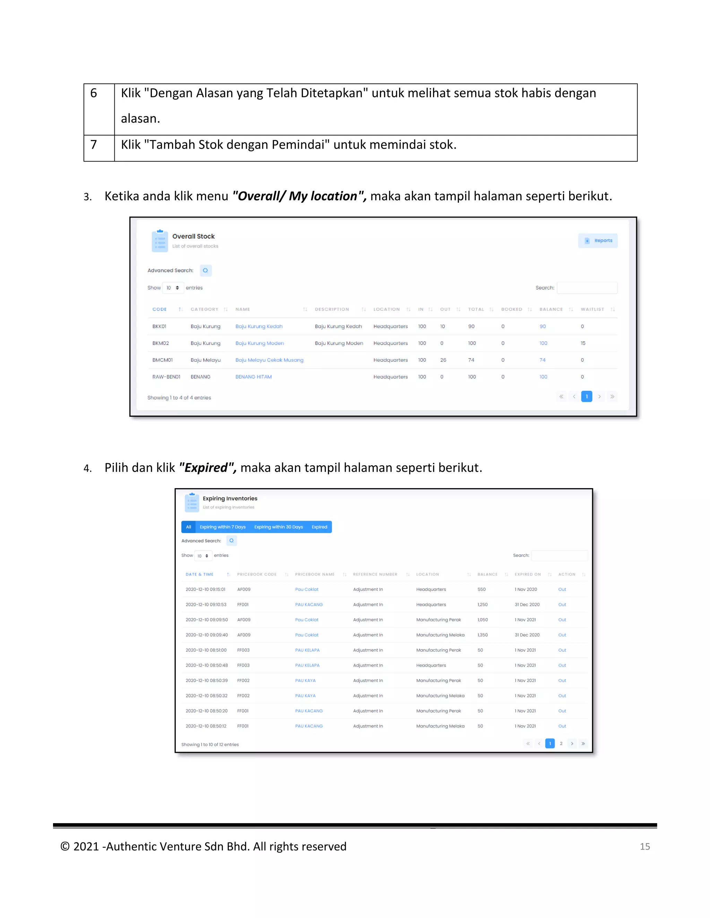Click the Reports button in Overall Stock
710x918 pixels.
click(x=598, y=240)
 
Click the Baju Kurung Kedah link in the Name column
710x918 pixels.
click(x=259, y=326)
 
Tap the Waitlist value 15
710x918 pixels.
click(x=583, y=343)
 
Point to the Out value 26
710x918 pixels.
click(x=443, y=360)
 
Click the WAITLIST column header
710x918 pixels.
click(x=592, y=309)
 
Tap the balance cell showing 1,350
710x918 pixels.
click(x=483, y=635)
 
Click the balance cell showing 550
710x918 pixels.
click(x=482, y=589)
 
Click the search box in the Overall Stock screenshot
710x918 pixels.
click(x=587, y=288)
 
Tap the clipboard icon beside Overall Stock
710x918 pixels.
click(x=160, y=241)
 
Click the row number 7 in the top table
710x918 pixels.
click(x=94, y=144)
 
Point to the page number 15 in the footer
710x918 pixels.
click(x=645, y=847)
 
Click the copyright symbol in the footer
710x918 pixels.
click(x=65, y=846)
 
